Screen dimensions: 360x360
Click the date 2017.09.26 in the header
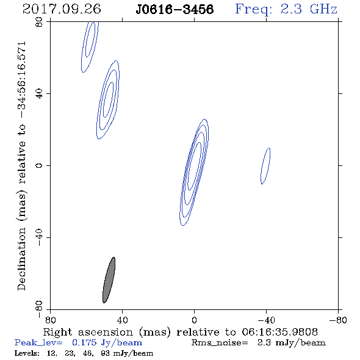pyautogui.click(x=62, y=9)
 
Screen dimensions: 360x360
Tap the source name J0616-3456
pyautogui.click(x=175, y=10)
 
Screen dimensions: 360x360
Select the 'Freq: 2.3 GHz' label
pyautogui.click(x=286, y=10)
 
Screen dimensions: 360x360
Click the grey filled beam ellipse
pyautogui.click(x=109, y=280)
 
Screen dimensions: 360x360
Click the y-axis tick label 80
pyautogui.click(x=39, y=22)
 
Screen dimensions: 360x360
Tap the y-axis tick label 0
pyautogui.click(x=39, y=165)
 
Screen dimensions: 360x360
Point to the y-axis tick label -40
pyautogui.click(x=39, y=237)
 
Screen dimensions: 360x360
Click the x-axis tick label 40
pyautogui.click(x=122, y=320)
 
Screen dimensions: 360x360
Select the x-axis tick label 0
pyautogui.click(x=194, y=320)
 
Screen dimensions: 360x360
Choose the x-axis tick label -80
pyautogui.click(x=337, y=320)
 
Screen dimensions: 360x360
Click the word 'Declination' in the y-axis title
pyautogui.click(x=21, y=259)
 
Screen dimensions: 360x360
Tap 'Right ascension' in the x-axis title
pyautogui.click(x=88, y=332)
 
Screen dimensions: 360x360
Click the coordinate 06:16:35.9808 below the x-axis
pyautogui.click(x=279, y=332)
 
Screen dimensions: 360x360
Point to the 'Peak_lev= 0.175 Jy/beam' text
pyautogui.click(x=78, y=343)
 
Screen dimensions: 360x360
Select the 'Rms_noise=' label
pyautogui.click(x=220, y=343)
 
